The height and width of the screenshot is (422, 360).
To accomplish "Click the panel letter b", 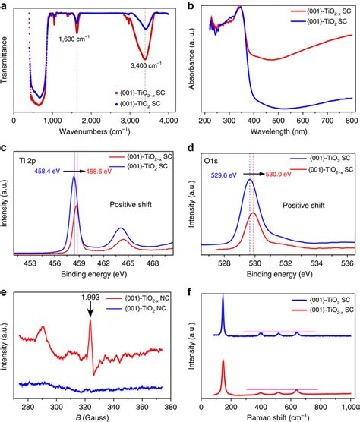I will coord(188,6).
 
